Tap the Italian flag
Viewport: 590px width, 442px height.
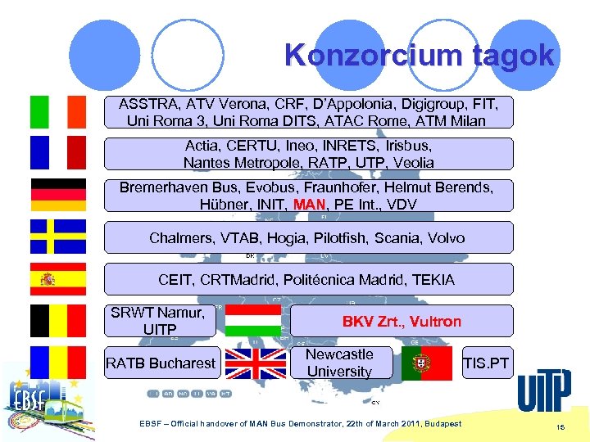pos(57,111)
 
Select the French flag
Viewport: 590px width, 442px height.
pos(57,153)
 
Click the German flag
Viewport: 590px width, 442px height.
pos(57,195)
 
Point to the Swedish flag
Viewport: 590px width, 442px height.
pos(57,237)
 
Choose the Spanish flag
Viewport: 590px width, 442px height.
pos(57,279)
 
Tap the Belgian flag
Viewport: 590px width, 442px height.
pos(57,321)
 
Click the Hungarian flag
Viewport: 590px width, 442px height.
pos(253,321)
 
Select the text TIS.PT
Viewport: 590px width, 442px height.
pos(485,363)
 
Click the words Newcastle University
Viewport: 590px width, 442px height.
pos(339,363)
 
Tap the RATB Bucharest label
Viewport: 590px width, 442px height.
pos(161,363)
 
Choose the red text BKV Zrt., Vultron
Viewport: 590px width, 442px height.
pos(402,322)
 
